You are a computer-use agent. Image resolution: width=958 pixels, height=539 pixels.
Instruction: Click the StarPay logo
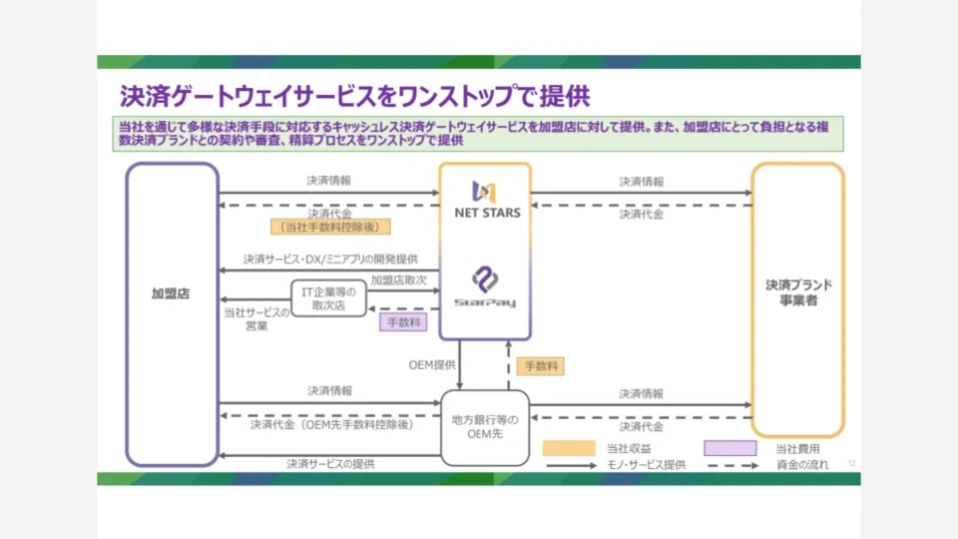(x=485, y=288)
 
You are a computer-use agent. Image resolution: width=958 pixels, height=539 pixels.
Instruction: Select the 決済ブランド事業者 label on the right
(x=798, y=292)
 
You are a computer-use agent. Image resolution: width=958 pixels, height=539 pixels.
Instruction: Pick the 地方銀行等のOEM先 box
(x=485, y=426)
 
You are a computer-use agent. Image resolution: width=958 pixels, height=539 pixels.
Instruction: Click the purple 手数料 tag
(x=404, y=322)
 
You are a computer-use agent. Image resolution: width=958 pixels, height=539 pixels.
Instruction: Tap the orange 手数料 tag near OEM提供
(x=540, y=366)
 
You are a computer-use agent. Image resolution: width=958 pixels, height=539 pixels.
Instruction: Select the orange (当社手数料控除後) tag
(x=330, y=228)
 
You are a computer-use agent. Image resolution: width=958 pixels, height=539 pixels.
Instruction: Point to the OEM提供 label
(x=432, y=364)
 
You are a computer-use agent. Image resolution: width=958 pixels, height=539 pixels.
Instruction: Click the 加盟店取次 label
(x=399, y=280)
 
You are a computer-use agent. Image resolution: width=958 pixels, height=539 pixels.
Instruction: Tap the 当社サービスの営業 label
(x=256, y=319)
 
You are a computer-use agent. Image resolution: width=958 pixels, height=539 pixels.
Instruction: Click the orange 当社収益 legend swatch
(x=569, y=448)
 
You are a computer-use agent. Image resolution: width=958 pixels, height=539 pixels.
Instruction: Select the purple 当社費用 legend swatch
(x=729, y=448)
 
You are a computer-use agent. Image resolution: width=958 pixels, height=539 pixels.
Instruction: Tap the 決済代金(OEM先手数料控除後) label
(x=330, y=424)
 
